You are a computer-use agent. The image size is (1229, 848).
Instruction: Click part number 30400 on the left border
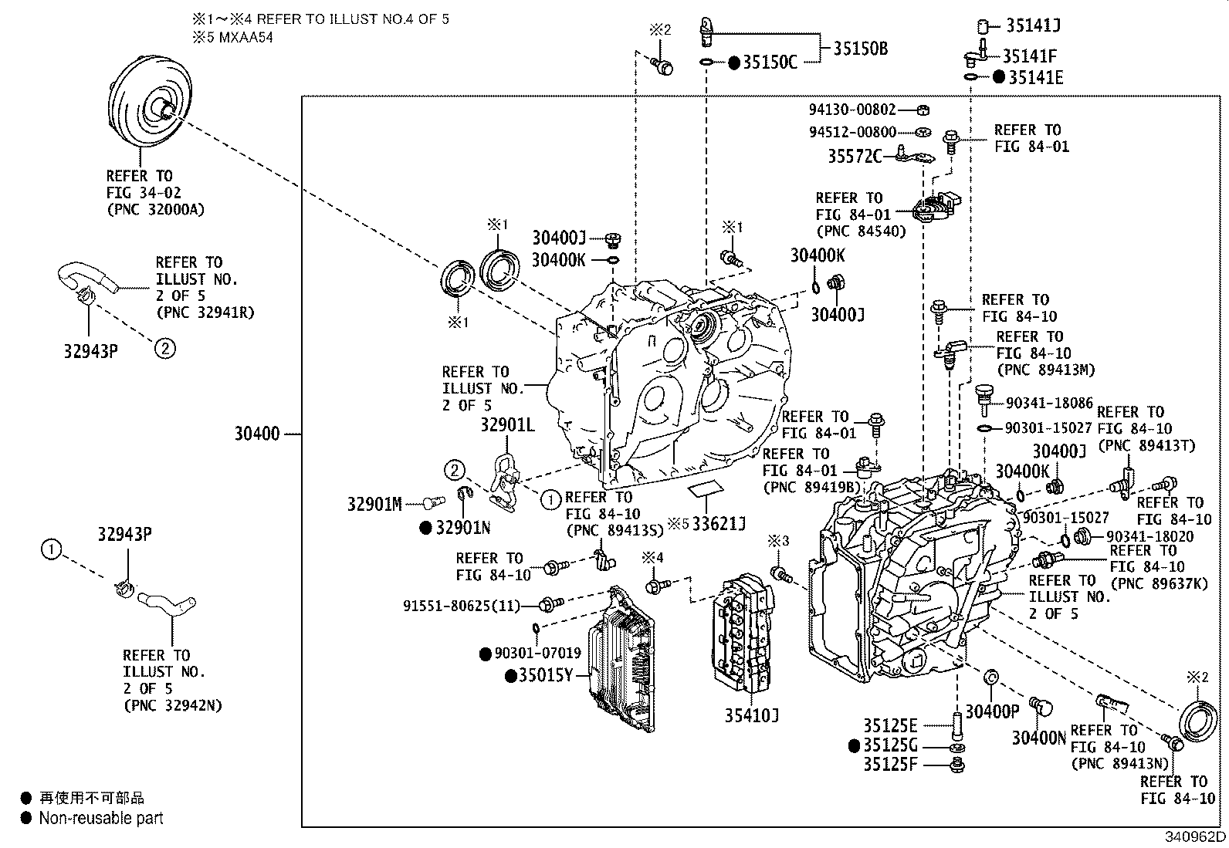pos(257,434)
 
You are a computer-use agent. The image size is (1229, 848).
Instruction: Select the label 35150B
pos(860,49)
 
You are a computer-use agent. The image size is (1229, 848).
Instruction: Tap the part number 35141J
pos(1033,25)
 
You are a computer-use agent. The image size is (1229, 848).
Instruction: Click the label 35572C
pos(855,157)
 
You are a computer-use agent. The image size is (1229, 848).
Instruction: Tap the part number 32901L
pos(508,425)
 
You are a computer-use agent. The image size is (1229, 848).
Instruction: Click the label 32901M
pos(374,505)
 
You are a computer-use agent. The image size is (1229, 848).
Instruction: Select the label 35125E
pos(890,725)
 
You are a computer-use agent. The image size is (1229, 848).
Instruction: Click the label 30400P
pos(992,711)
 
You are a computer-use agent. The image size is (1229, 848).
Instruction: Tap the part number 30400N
pos(1038,738)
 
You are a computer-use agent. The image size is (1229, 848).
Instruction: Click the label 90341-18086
pos(1049,403)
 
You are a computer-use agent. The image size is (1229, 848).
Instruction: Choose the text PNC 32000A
pos(155,209)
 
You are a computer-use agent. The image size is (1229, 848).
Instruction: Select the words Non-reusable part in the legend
pos(101,818)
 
